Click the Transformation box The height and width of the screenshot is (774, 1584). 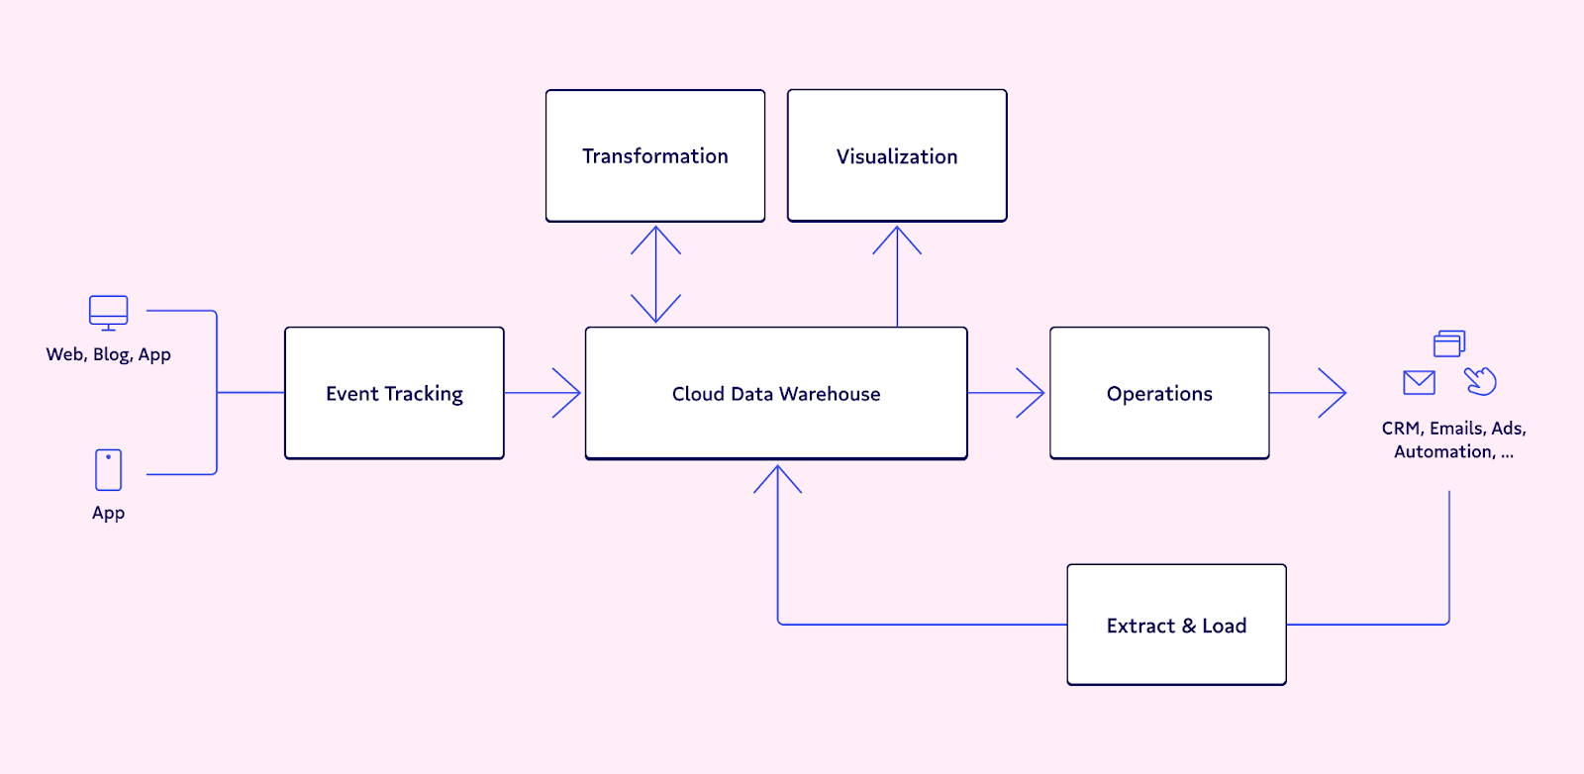point(654,155)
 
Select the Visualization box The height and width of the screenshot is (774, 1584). point(897,155)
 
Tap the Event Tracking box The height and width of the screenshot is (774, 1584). point(394,393)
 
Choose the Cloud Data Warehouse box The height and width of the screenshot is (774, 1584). point(776,393)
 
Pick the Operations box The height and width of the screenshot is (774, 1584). point(1159,393)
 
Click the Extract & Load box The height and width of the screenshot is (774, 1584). point(1176,625)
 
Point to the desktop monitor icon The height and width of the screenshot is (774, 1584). point(108,313)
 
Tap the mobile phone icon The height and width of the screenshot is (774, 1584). point(108,469)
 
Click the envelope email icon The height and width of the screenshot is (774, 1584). point(1419,382)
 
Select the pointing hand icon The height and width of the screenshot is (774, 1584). point(1480,381)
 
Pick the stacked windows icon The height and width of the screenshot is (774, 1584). point(1449,343)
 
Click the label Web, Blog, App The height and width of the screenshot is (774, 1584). point(108,354)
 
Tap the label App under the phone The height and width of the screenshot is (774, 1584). point(108,513)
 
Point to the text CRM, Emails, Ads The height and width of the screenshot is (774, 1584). point(1454,429)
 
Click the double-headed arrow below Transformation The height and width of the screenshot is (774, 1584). point(655,274)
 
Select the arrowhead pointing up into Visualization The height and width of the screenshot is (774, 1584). point(897,241)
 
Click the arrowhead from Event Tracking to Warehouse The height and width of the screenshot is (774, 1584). point(566,392)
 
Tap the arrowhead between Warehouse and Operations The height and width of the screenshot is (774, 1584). point(1031,392)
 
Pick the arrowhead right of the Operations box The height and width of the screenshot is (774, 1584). point(1333,392)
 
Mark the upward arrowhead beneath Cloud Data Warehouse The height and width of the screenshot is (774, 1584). point(777,479)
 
